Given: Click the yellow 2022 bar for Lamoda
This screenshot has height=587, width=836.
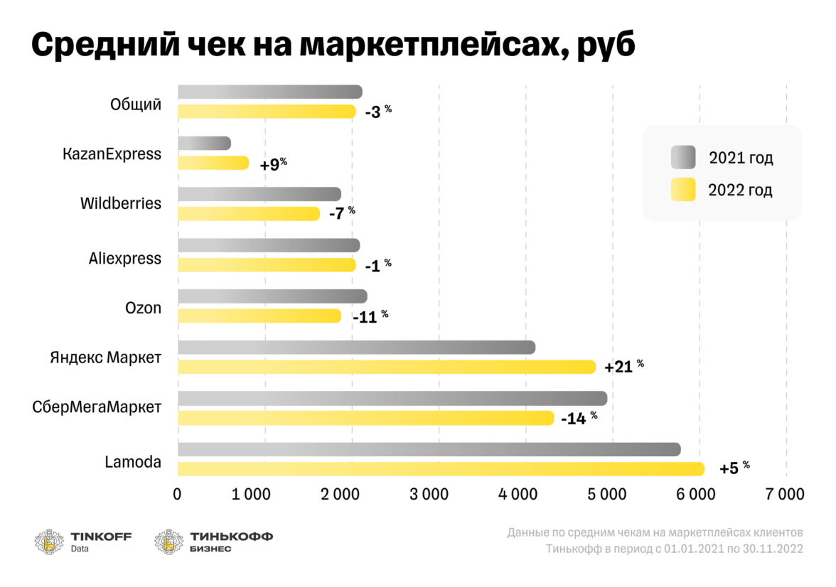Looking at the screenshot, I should click(441, 469).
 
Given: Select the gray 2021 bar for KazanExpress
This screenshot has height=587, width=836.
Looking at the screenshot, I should click(204, 144).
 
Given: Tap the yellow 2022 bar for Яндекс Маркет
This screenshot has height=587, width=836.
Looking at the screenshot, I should click(387, 367).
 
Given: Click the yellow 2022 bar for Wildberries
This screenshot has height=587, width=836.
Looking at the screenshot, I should click(249, 213).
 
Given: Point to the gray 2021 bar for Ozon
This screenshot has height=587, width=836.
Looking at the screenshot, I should click(272, 296).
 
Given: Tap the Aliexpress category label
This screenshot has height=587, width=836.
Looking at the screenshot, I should click(125, 259).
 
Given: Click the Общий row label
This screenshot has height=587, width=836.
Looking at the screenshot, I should click(136, 105).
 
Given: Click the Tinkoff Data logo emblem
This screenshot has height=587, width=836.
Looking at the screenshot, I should click(49, 541).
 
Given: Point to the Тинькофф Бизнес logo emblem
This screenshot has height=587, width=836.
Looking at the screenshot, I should click(169, 541).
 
